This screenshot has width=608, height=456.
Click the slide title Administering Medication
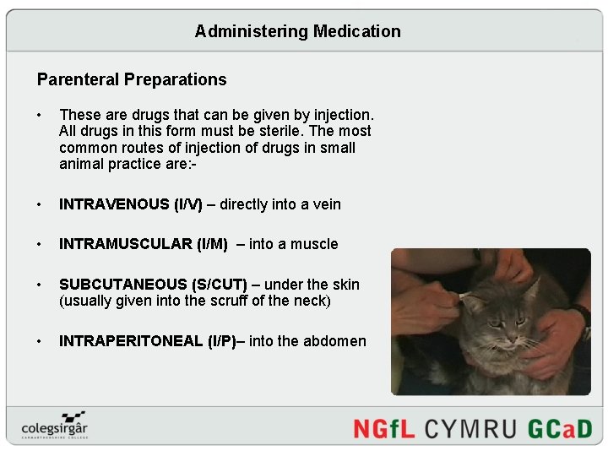[x=297, y=31]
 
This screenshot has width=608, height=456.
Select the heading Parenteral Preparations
[x=132, y=80]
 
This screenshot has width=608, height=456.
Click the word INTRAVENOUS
[x=114, y=204]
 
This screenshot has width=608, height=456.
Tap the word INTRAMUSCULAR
[x=126, y=244]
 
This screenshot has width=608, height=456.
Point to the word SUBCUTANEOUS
[x=123, y=285]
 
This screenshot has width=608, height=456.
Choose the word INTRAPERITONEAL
[x=131, y=341]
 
